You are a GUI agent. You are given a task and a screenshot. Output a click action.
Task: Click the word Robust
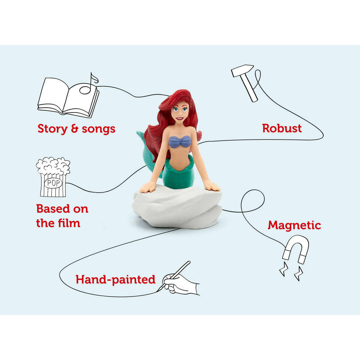click(x=282, y=128)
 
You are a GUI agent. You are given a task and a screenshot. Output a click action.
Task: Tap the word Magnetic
click(x=294, y=225)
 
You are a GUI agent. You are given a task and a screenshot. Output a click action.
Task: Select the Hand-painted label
click(x=115, y=279)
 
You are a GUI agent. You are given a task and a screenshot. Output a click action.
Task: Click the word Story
click(x=52, y=129)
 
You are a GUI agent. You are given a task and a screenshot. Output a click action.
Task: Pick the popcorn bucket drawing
click(x=53, y=177)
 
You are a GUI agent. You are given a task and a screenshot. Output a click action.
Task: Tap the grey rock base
click(x=177, y=207)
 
